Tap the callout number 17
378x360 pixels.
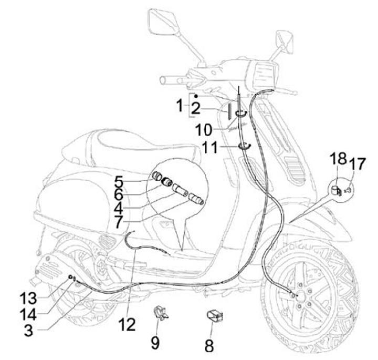click(357, 164)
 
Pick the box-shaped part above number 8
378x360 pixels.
click(214, 315)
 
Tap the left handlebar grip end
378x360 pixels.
click(164, 80)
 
